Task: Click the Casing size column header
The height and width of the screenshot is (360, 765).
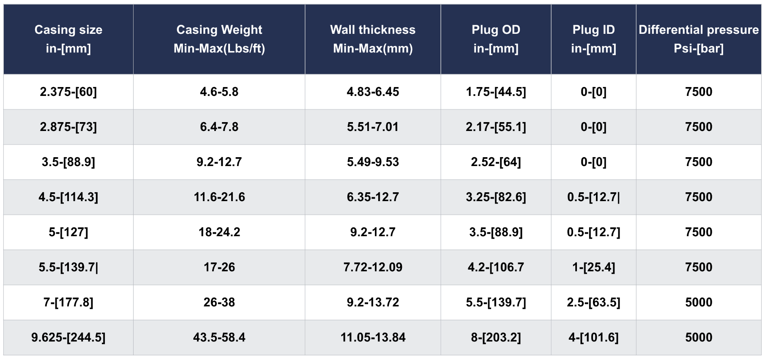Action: click(x=68, y=39)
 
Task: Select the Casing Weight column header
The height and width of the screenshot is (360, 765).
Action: click(x=219, y=39)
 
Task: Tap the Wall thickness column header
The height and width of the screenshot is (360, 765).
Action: click(x=373, y=39)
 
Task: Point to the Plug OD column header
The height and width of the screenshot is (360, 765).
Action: click(x=496, y=39)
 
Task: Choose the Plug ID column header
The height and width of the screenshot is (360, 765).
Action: click(x=593, y=39)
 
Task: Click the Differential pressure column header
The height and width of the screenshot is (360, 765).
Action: click(x=699, y=39)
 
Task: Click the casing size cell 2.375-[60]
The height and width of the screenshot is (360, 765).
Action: click(x=68, y=92)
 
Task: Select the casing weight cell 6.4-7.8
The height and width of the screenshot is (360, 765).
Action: click(x=219, y=127)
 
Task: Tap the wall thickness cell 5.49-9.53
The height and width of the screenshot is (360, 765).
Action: click(x=373, y=162)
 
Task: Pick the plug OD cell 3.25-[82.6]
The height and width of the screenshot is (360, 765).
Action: click(x=496, y=197)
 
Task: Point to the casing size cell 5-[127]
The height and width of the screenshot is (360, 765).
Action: click(x=68, y=232)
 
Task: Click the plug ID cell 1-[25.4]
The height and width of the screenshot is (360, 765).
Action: click(x=593, y=267)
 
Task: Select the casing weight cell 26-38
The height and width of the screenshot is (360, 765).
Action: click(x=219, y=302)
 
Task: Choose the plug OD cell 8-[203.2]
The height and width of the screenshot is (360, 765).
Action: click(x=496, y=337)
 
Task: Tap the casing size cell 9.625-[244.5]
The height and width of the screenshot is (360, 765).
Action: click(x=68, y=337)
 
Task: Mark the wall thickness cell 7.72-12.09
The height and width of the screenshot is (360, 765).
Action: click(x=373, y=267)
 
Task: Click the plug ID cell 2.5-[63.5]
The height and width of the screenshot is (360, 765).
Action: click(x=593, y=302)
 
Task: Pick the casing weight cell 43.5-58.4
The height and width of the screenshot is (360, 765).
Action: click(x=219, y=337)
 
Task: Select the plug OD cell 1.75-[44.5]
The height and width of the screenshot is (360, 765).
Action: click(x=496, y=92)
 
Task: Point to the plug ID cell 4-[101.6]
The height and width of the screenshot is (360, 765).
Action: click(x=593, y=337)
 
